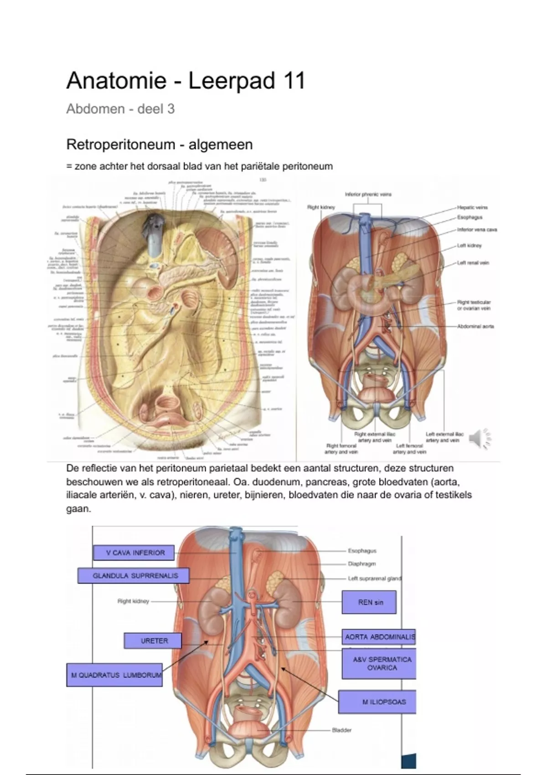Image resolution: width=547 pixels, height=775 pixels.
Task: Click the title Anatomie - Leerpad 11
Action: pos(185,82)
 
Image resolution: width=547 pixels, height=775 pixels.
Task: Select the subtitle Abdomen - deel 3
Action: pos(120,109)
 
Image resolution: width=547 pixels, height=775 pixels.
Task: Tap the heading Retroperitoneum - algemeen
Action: pos(159,145)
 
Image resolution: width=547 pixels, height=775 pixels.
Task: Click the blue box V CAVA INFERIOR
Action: pos(135,553)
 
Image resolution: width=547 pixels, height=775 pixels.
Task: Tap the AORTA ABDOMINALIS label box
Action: pos(379,637)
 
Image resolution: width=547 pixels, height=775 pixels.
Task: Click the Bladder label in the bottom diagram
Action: pos(341,730)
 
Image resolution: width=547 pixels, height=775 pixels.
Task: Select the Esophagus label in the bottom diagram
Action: pos(362,551)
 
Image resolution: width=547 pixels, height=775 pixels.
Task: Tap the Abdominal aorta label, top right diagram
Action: pos(475,326)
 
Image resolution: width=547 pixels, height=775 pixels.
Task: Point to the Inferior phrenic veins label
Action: pos(368,194)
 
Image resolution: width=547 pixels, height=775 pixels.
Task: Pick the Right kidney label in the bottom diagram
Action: pos(133,601)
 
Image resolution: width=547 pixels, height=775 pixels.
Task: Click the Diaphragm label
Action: pos(361,564)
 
